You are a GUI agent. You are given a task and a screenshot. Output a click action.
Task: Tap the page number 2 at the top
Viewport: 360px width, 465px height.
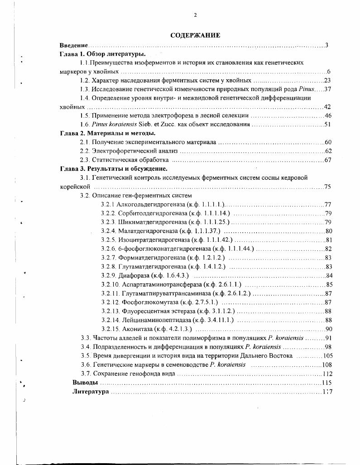click(x=195, y=15)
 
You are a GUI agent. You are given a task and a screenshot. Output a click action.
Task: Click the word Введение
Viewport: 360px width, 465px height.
click(x=74, y=45)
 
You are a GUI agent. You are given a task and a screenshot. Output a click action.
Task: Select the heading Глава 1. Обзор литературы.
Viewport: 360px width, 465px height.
click(x=100, y=54)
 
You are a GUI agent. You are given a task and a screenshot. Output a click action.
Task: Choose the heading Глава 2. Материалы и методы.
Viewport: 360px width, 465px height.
click(x=108, y=133)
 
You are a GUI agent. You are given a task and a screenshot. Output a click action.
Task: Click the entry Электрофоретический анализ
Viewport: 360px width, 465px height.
click(x=135, y=151)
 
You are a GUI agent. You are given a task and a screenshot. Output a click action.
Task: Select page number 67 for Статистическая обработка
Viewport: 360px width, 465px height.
click(x=328, y=160)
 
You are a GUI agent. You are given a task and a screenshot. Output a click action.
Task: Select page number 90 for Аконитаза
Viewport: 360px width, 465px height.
click(x=329, y=329)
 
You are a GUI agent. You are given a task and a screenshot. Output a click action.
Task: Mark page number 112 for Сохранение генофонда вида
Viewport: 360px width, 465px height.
click(x=327, y=374)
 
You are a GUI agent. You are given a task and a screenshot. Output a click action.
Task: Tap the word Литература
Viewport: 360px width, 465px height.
click(x=91, y=392)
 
